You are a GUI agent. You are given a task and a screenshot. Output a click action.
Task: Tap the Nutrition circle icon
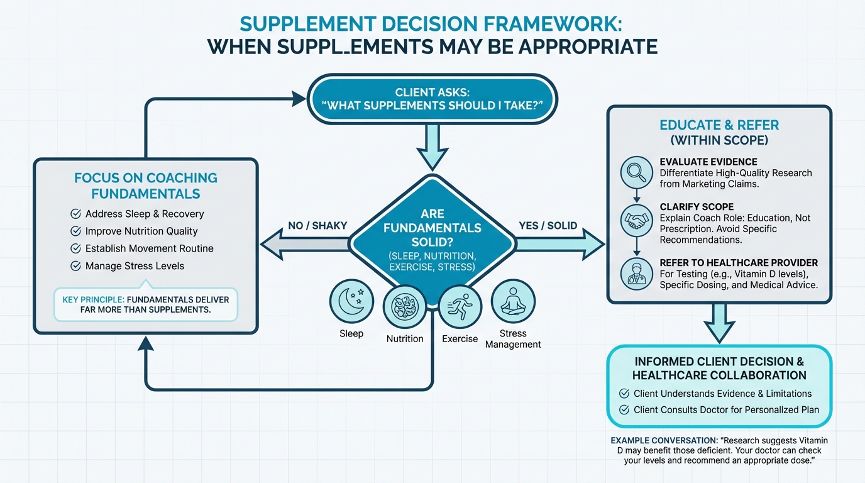coord(405,307)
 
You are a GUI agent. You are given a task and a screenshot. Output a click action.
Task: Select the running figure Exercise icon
coord(460,307)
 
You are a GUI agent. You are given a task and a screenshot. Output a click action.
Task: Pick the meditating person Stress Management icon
coord(513,301)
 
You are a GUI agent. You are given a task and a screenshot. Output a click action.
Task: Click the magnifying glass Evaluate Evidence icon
coord(637,171)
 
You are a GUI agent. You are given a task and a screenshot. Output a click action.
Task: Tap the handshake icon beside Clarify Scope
coord(637,220)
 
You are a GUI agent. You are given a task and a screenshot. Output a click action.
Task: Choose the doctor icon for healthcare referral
coord(637,274)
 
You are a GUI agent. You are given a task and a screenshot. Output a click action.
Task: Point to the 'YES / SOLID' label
coord(548,225)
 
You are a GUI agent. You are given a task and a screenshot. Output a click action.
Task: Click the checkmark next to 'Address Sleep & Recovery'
coord(76,214)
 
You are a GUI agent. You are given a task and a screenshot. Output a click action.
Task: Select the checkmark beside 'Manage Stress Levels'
coord(76,266)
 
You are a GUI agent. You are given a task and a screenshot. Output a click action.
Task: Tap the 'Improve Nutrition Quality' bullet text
coord(141,231)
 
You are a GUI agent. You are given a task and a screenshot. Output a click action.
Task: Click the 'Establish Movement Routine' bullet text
coord(150,248)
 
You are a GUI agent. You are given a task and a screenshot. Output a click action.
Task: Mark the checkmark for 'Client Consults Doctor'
coord(624,410)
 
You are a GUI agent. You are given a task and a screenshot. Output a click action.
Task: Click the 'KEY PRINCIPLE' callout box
coord(146,304)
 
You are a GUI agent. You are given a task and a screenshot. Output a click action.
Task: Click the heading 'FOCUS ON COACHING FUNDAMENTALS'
coord(145,186)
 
